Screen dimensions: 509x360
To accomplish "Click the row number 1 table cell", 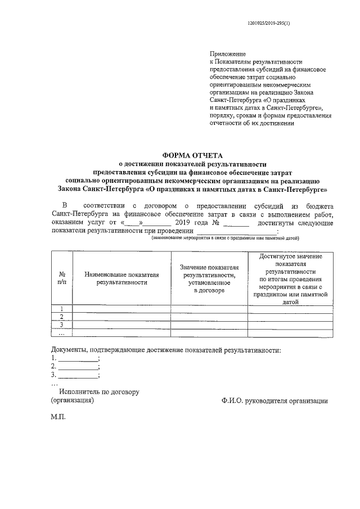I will pyautogui.click(x=62, y=308).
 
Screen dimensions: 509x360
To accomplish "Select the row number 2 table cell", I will pyautogui.click(x=62, y=317).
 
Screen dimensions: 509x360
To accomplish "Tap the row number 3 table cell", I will pyautogui.click(x=62, y=325).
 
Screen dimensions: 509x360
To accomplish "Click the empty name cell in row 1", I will pyautogui.click(x=122, y=308).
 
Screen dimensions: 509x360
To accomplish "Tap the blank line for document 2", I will pyautogui.click(x=78, y=366).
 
